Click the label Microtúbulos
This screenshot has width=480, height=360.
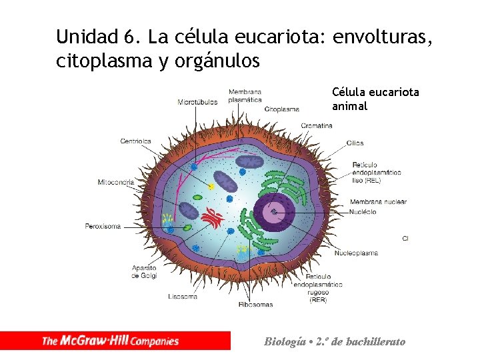coord(197,102)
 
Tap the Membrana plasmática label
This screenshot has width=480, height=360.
coord(245,95)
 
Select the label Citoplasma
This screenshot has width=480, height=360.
coord(281,109)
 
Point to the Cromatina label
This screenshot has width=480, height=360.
coord(317,125)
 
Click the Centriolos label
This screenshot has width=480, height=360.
coord(135,141)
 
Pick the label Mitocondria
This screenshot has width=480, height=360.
coord(115,182)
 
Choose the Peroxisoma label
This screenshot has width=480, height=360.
coord(103,226)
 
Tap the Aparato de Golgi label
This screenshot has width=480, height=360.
coord(144,271)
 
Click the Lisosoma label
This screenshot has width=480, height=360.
coord(183,296)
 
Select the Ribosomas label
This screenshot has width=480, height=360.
coord(255,305)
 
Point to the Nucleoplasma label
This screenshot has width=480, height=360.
coord(356,253)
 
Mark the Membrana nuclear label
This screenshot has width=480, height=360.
coord(378,202)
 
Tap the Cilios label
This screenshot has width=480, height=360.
coord(355,143)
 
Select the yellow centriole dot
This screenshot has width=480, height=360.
coord(211,187)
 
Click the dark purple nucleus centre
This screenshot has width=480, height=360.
coord(273,211)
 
